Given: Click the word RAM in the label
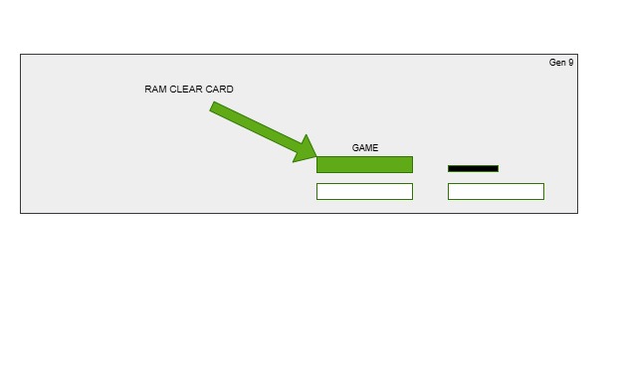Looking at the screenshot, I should pyautogui.click(x=155, y=90).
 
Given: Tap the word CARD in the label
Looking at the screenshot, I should pyautogui.click(x=220, y=90).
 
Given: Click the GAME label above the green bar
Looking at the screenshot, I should pyautogui.click(x=365, y=148).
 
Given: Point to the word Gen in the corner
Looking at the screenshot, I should pyautogui.click(x=557, y=63).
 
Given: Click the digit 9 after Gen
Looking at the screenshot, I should pyautogui.click(x=571, y=63).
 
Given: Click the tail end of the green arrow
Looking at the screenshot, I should pyautogui.click(x=213, y=106).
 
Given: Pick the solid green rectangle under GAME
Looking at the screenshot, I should pyautogui.click(x=364, y=165).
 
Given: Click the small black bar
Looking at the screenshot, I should pyautogui.click(x=473, y=168).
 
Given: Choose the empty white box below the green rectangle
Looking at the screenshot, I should pyautogui.click(x=364, y=191).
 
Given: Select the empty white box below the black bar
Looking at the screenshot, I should pyautogui.click(x=496, y=191).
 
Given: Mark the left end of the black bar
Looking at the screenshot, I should pyautogui.click(x=450, y=168).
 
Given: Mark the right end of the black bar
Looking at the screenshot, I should pyautogui.click(x=497, y=168).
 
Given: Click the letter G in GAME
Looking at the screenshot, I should pyautogui.click(x=355, y=148).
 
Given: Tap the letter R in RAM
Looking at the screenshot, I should pyautogui.click(x=148, y=90).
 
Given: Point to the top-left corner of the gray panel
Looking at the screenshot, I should pyautogui.click(x=21, y=55).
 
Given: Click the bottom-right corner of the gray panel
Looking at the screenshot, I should pyautogui.click(x=577, y=213).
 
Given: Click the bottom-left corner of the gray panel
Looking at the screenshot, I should pyautogui.click(x=21, y=213).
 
